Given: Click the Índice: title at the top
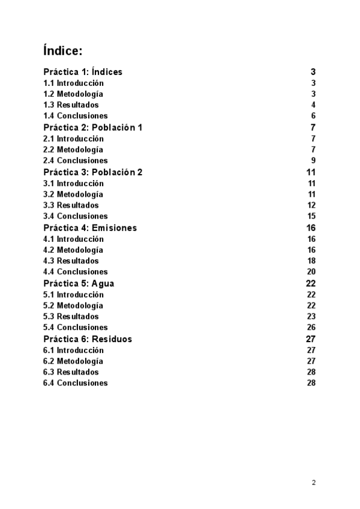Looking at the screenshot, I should point(63,50).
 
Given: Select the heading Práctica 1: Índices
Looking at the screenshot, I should point(83,72).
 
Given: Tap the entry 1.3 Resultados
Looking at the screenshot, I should point(71,105).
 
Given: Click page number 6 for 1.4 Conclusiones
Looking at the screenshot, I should point(313,116).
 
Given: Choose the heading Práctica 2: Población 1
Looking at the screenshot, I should point(93,128).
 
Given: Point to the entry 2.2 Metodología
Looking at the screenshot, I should point(73,149).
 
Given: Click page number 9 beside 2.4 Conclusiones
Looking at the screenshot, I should point(313,161).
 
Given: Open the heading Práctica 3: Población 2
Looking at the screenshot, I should point(93,172).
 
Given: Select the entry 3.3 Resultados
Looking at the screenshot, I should point(71,205).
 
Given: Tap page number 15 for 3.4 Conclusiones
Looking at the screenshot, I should point(311,217).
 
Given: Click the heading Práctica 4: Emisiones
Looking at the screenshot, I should point(90,228).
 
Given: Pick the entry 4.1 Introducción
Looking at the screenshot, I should point(73,239).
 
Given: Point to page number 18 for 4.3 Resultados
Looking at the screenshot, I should point(311,261).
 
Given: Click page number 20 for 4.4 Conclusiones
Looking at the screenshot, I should point(311,272).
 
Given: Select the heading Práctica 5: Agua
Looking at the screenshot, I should point(79,283).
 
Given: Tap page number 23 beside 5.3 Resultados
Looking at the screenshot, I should point(311,316).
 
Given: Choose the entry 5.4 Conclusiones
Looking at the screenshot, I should point(76,328).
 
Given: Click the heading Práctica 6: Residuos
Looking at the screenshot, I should point(88,339).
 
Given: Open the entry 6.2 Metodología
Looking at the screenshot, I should point(73,361).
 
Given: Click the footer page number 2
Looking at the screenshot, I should point(313,483).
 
